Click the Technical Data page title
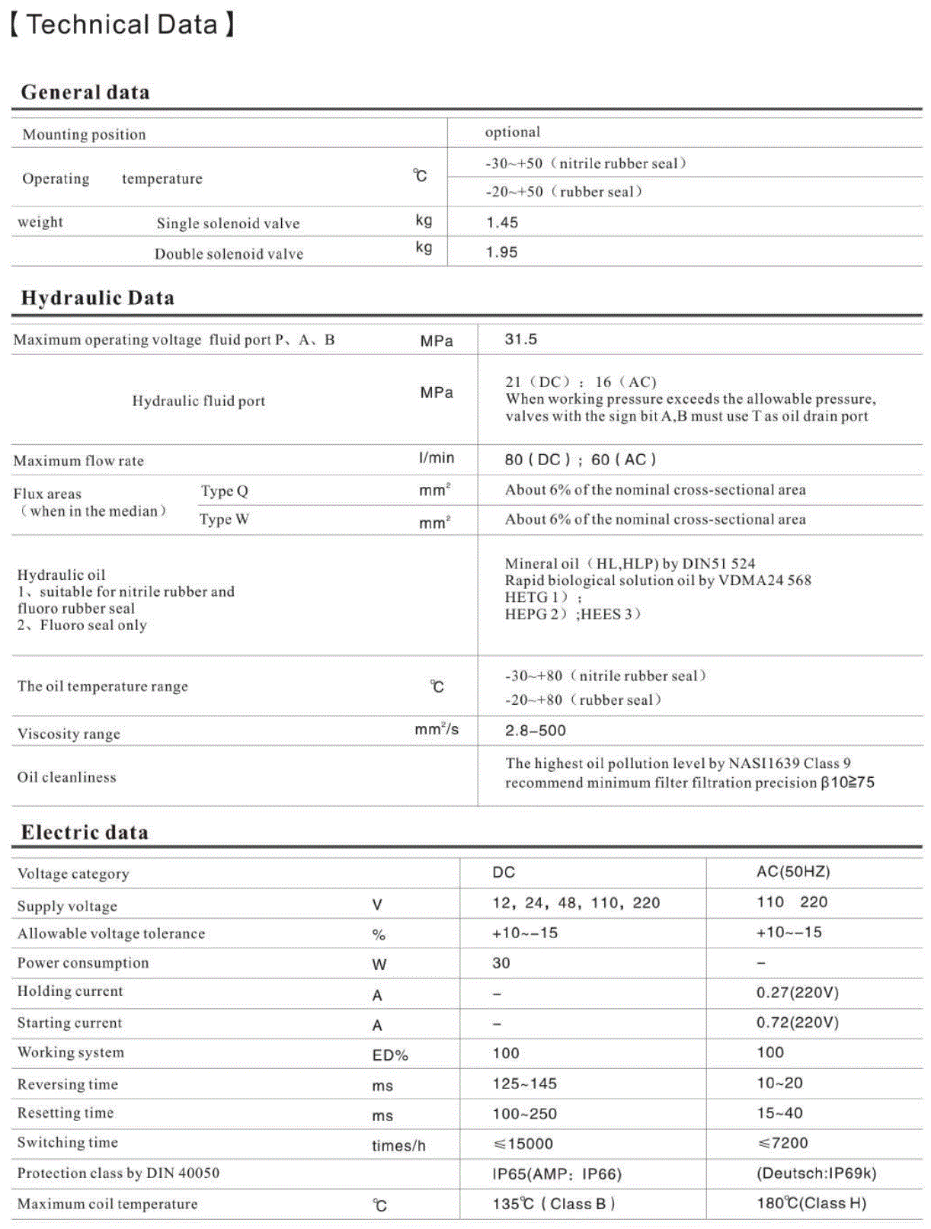123,24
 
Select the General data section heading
85,92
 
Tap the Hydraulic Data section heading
98,298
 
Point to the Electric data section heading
85,832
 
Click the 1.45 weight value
502,222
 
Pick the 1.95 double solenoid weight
502,252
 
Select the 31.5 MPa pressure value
521,339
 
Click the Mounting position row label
84,135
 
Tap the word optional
513,132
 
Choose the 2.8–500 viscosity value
536,731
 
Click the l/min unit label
437,458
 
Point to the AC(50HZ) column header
793,872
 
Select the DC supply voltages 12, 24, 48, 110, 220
576,903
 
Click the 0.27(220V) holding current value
797,993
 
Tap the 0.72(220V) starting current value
797,1023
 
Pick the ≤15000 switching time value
523,1144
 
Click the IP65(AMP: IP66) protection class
557,1174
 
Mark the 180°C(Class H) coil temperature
811,1204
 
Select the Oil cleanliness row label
67,777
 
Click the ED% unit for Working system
390,1055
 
